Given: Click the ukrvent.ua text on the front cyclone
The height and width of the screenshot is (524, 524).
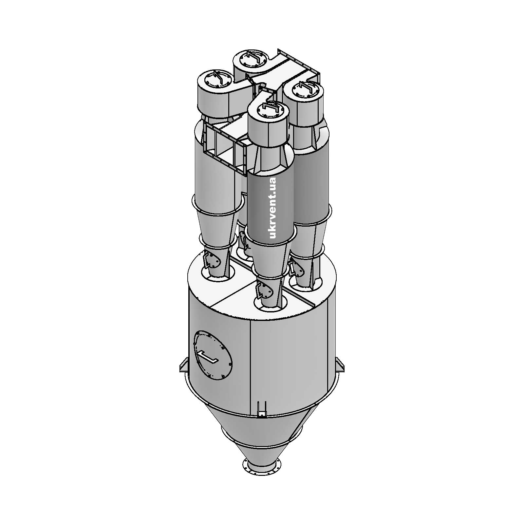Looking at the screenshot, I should tap(272, 208).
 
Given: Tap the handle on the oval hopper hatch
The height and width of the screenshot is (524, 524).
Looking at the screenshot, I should tap(208, 357).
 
